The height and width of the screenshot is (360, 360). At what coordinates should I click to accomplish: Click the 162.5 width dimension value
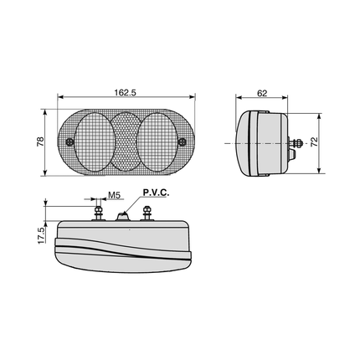[125, 92]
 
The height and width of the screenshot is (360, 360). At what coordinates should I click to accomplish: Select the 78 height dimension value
[40, 141]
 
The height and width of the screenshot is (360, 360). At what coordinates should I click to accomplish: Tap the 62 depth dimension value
[262, 93]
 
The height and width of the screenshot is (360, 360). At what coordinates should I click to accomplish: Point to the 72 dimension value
[315, 141]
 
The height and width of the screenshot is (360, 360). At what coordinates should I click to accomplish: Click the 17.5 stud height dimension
[41, 235]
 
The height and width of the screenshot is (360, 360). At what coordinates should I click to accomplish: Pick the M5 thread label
[114, 195]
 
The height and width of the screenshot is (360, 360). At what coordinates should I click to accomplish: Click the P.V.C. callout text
[156, 193]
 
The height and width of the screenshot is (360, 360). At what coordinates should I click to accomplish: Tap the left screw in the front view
[69, 141]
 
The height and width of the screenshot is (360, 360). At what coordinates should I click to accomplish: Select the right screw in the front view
[183, 141]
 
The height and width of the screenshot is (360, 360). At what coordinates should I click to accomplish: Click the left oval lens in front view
[95, 141]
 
